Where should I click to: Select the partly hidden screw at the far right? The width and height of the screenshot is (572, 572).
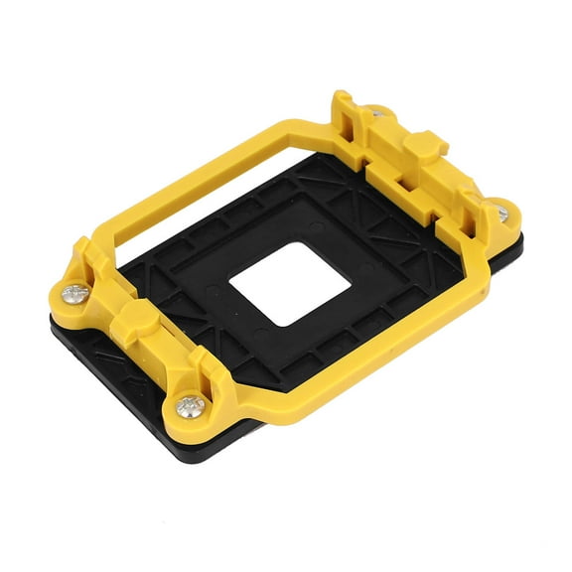tap(503, 213)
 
